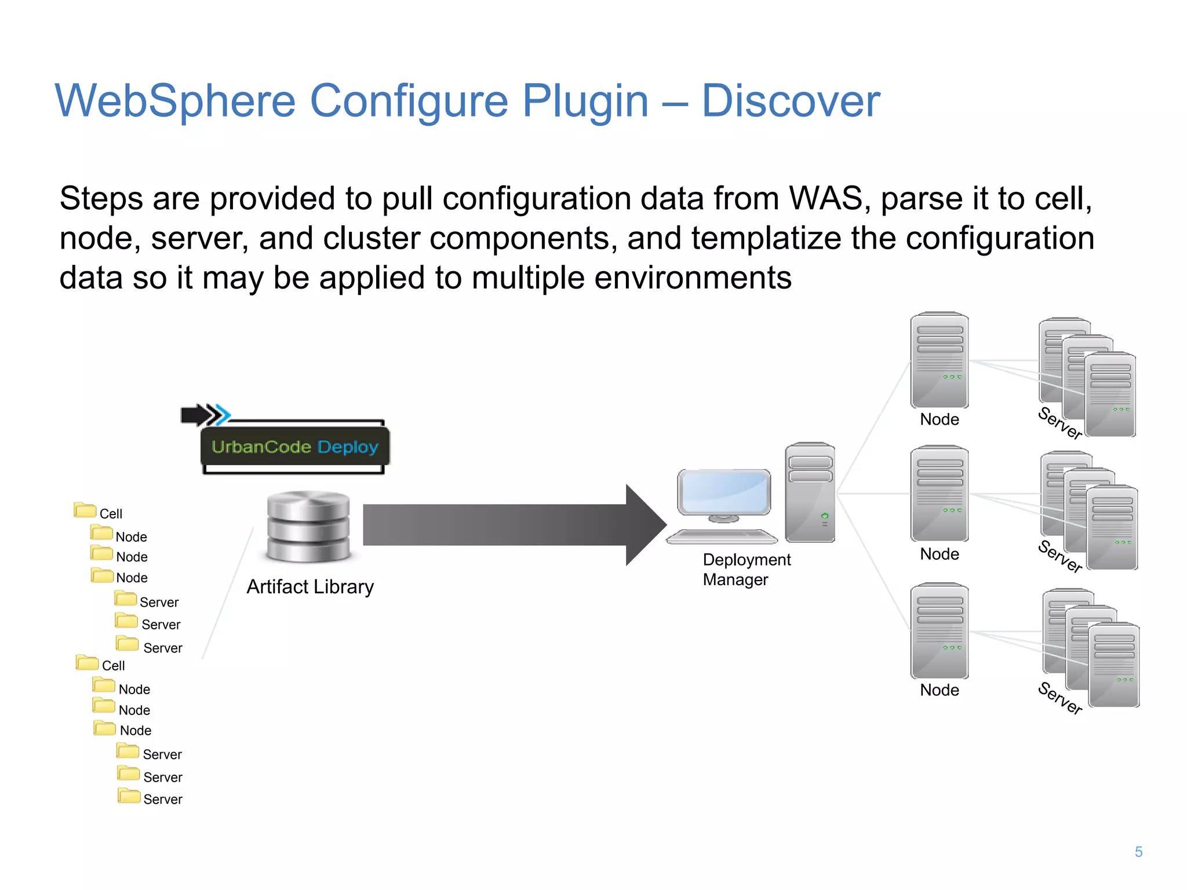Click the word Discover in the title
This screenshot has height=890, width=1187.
(x=791, y=101)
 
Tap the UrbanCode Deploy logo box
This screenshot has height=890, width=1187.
(x=294, y=447)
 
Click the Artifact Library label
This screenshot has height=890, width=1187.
(x=310, y=587)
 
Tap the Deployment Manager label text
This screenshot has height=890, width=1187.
(x=746, y=570)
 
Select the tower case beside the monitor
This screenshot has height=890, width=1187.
(x=810, y=493)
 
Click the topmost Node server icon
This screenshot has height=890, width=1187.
(x=939, y=360)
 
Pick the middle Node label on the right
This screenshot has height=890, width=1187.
(x=939, y=555)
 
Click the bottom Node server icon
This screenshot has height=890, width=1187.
(x=939, y=631)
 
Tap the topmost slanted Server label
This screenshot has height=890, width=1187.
(x=1060, y=423)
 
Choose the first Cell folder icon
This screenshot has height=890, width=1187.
(x=85, y=510)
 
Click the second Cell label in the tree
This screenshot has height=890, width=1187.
(x=113, y=666)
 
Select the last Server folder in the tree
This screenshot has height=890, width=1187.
(x=129, y=796)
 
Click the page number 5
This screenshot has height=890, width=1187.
(x=1138, y=852)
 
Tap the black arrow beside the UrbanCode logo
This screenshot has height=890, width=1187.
(x=196, y=415)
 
